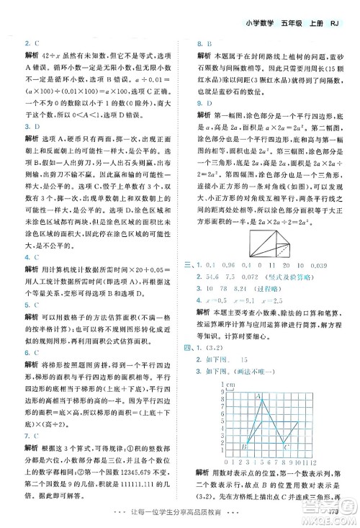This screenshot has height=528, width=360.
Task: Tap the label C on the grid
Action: coord(286,447)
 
